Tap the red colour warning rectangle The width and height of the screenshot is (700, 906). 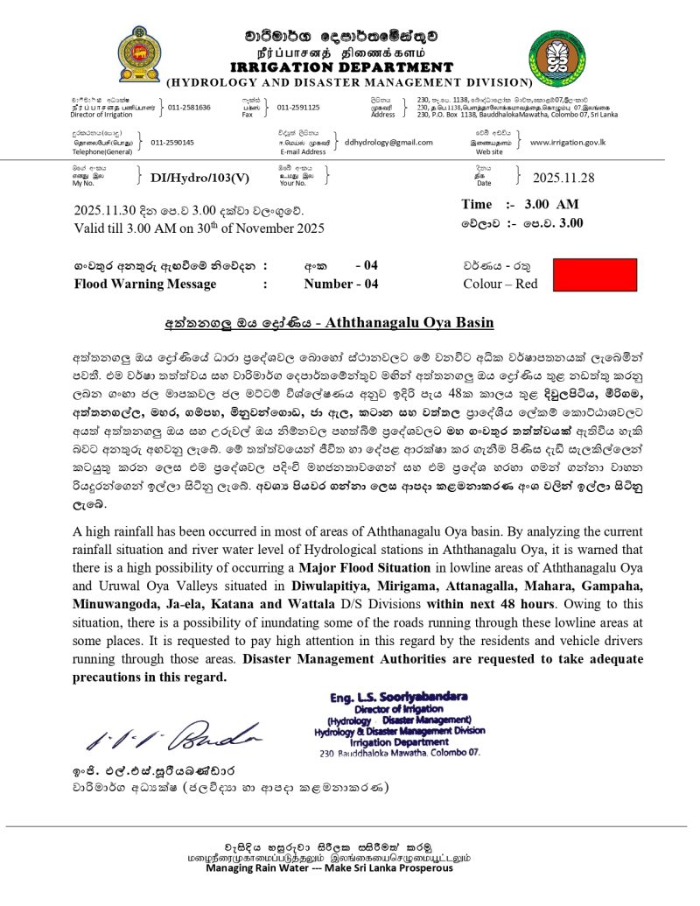coord(596,274)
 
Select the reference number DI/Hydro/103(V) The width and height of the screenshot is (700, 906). coord(199,178)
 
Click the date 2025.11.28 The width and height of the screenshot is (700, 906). coord(563,178)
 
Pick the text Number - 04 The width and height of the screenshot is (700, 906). coord(341,284)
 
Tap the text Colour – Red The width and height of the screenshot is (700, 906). coord(500,284)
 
